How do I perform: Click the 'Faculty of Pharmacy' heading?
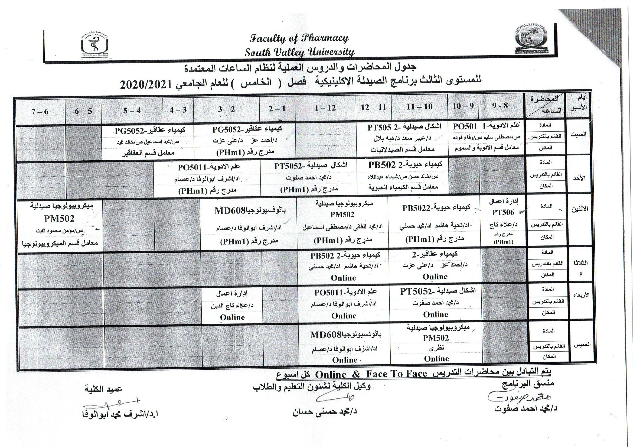299,38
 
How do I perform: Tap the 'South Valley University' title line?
299,52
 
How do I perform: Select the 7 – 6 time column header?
40,111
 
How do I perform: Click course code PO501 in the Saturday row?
465,126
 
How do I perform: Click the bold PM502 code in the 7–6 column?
59,219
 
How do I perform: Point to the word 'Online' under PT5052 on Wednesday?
436,314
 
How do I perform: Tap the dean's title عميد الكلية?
103,389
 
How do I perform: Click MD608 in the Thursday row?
326,335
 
